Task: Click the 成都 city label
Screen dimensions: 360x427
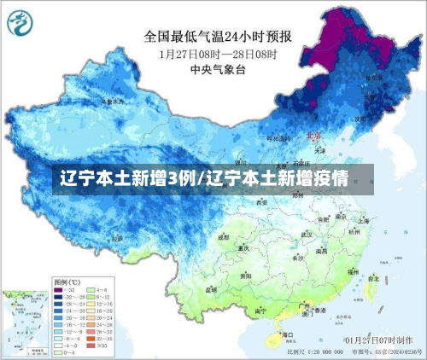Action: [224, 238]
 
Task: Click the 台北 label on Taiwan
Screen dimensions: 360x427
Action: [374, 277]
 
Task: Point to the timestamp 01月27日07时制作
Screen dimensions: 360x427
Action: [373, 341]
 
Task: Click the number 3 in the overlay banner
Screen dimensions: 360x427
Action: [173, 180]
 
